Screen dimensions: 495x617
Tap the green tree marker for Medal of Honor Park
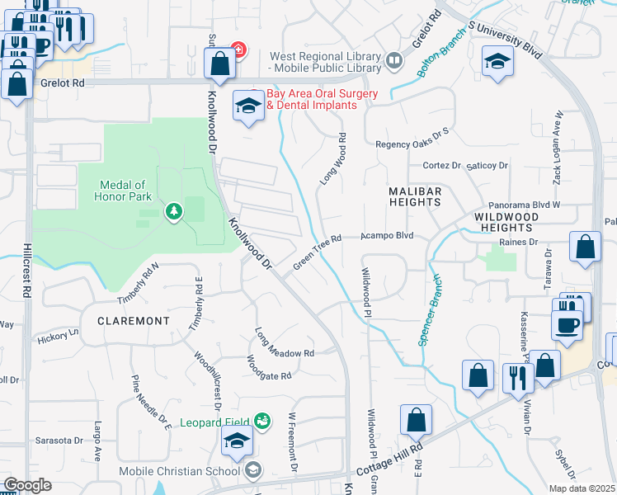click(x=173, y=212)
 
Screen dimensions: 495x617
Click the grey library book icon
click(x=394, y=60)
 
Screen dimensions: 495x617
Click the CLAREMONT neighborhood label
click(x=133, y=320)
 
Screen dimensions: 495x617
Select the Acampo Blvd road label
click(x=386, y=236)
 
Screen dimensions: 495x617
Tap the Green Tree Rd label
click(x=317, y=252)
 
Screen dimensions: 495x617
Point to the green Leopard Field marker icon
click(x=262, y=421)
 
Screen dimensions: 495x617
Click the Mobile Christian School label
click(x=190, y=471)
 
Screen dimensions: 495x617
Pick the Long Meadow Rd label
click(x=285, y=344)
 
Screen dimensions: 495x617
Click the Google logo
click(x=27, y=485)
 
